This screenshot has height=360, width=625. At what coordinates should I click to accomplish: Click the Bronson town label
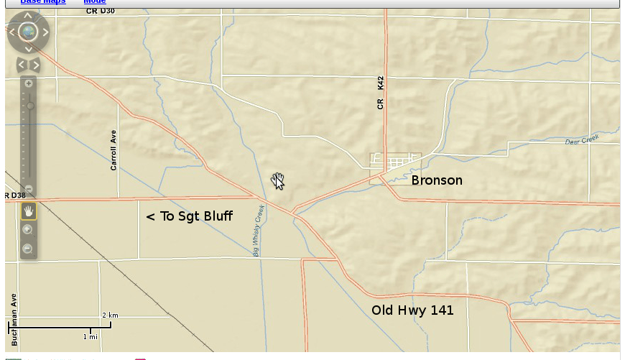coord(437,180)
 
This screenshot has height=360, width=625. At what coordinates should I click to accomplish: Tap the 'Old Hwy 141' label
coord(412,310)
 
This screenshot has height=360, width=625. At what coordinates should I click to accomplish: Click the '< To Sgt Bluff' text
coord(189,216)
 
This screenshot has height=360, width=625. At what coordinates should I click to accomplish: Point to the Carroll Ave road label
coord(114,150)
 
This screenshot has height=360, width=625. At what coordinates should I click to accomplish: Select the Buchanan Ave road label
coord(14,319)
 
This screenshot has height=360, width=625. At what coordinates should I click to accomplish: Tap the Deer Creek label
coord(581,140)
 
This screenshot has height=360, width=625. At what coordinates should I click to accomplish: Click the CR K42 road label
coord(381,93)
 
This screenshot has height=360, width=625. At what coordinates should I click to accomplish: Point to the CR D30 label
coord(100,11)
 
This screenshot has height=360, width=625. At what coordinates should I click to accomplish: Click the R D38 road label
coord(14,195)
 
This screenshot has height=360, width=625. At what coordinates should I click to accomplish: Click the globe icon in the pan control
coord(28,32)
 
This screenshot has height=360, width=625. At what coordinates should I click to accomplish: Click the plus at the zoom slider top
coord(29,83)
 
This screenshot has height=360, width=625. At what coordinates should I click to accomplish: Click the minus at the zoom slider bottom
coord(29,188)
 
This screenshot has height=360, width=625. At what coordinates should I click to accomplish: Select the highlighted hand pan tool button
coord(29,211)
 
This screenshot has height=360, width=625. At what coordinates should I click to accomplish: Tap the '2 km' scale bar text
coord(110,315)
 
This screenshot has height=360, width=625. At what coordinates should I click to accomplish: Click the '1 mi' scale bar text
coord(90,336)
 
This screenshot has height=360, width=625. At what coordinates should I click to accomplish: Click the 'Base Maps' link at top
coord(43,2)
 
